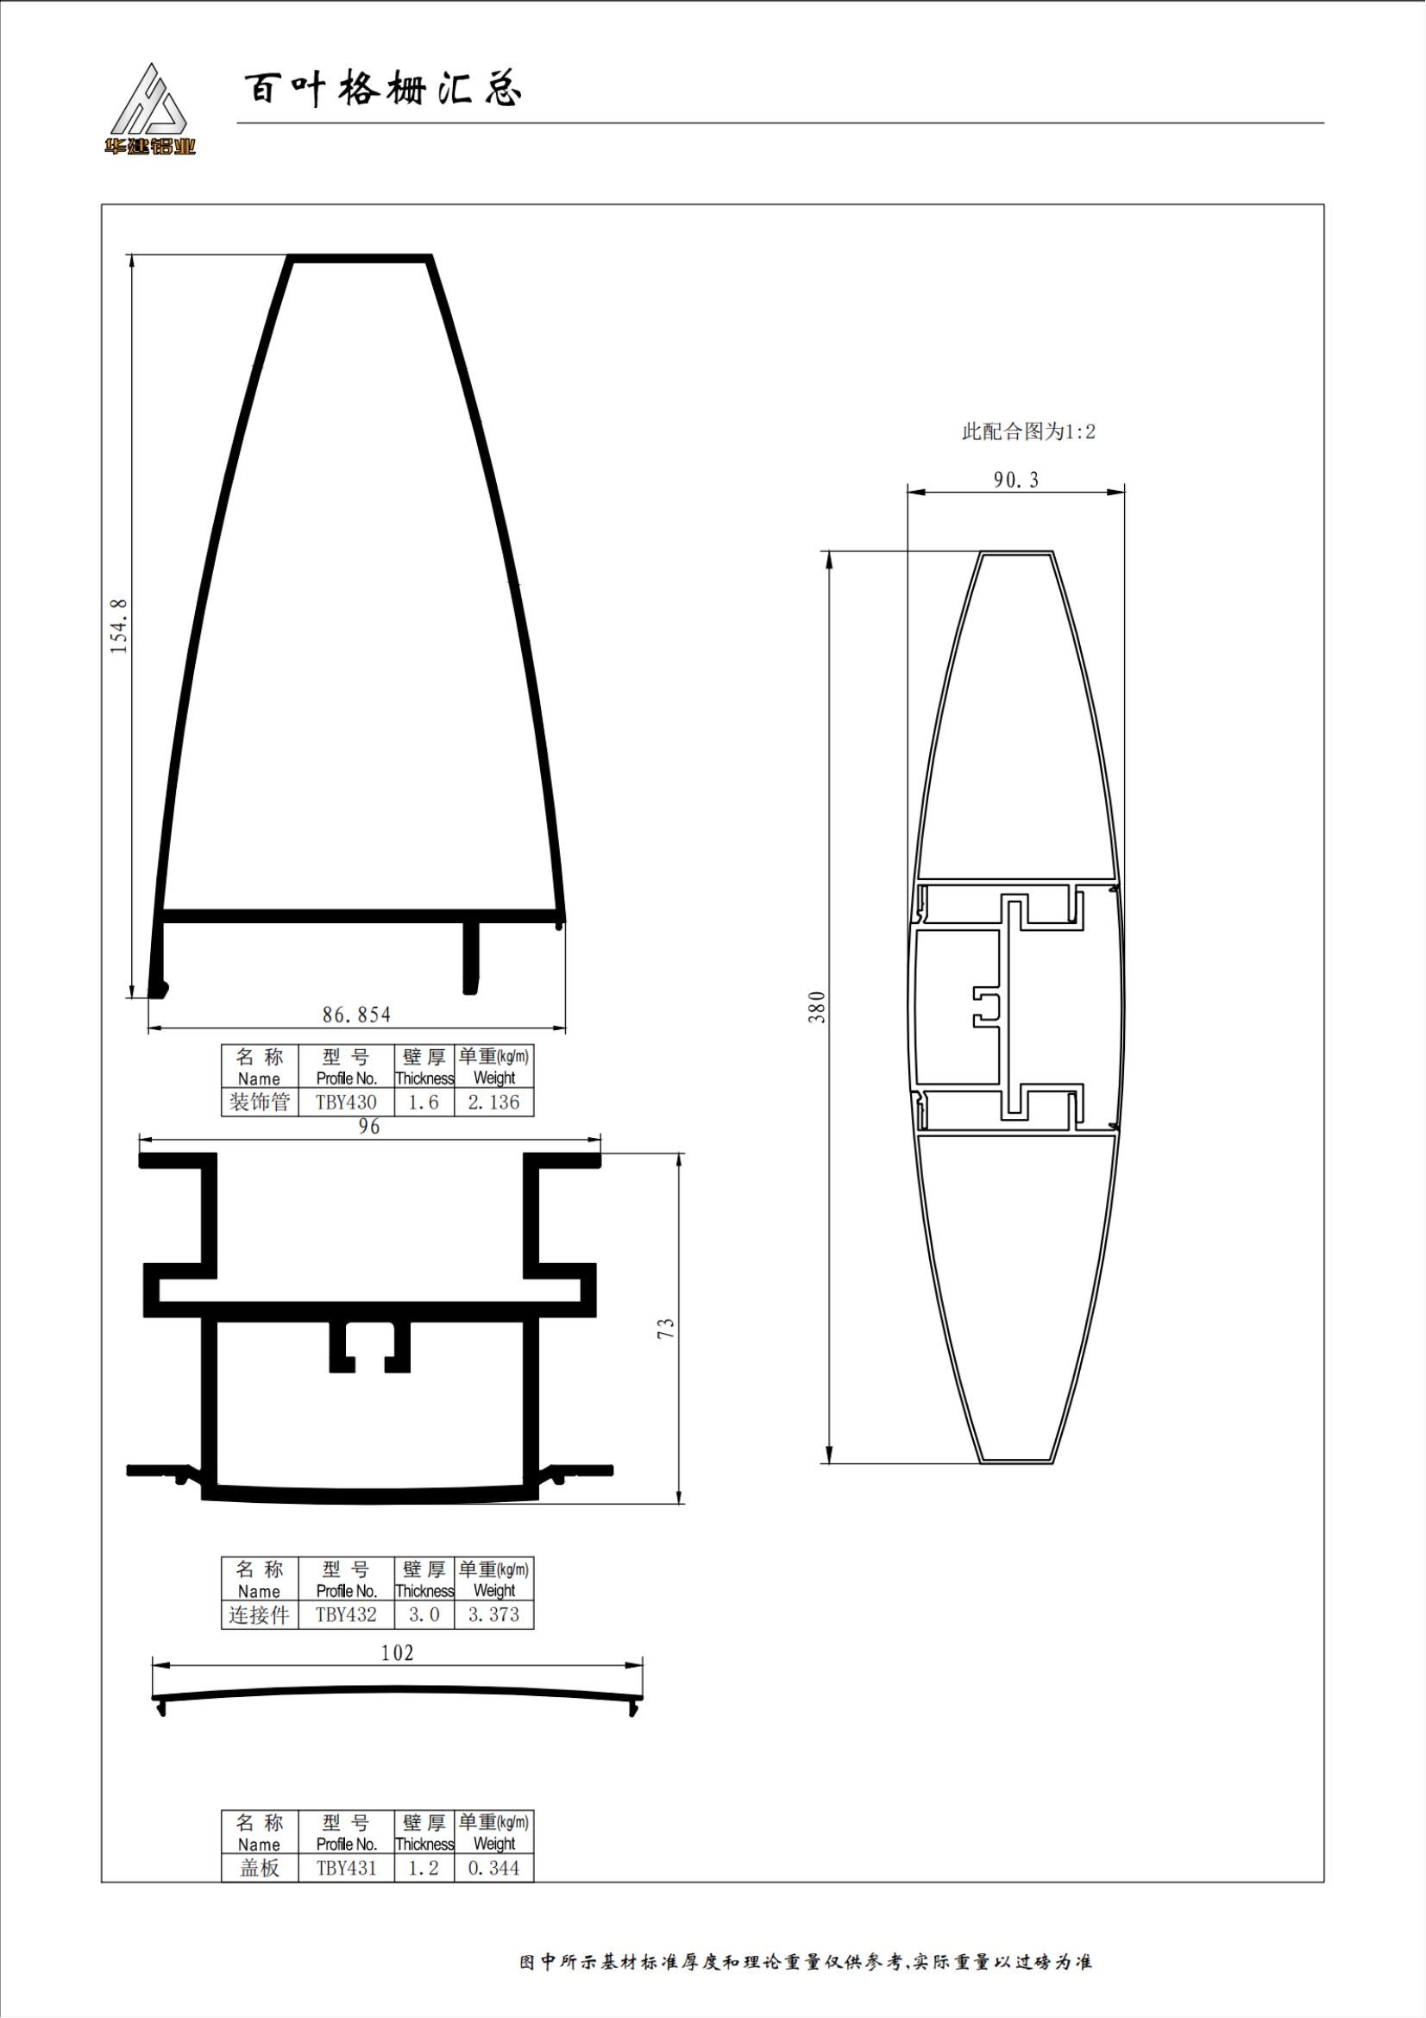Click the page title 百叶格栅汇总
[383, 90]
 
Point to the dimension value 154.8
[118, 626]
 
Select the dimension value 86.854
[357, 1015]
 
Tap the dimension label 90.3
[1015, 480]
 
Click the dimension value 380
[817, 1007]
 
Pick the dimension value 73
[666, 1328]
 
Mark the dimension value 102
[397, 1653]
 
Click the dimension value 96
[369, 1127]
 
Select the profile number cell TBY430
[346, 1102]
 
